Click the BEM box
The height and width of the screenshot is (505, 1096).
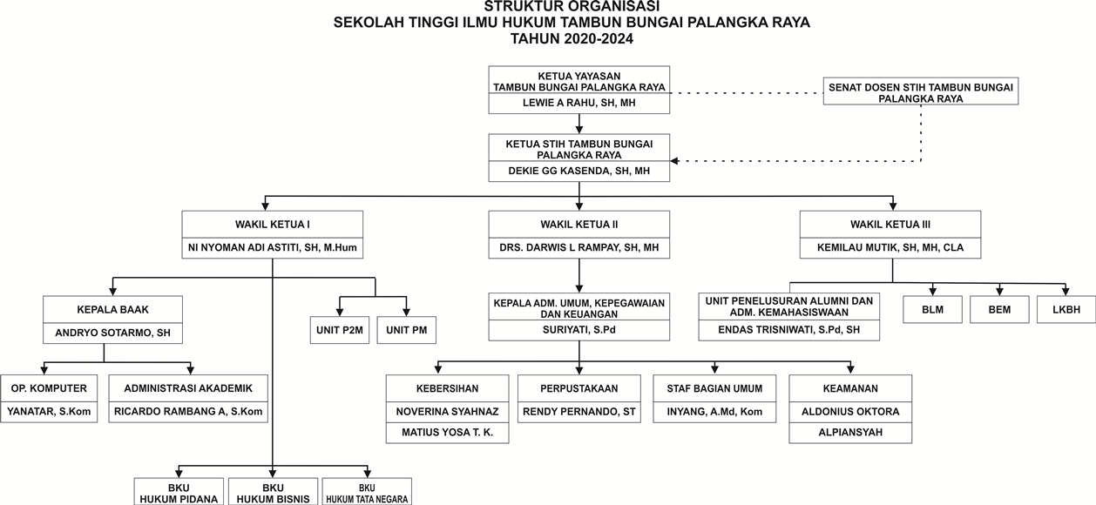[x=999, y=310]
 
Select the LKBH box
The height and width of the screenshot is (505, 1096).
[x=1066, y=310]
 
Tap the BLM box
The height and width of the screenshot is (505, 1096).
[x=932, y=310]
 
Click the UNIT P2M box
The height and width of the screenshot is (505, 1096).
[x=341, y=331]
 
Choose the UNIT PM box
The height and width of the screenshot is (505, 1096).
[x=406, y=331]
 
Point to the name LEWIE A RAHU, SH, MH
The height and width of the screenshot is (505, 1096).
[x=578, y=103]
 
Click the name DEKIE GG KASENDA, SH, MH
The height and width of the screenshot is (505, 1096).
[x=578, y=172]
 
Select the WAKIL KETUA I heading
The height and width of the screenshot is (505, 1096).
[x=272, y=224]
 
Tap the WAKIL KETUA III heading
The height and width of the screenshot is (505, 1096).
[x=890, y=224]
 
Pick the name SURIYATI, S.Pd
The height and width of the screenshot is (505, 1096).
[x=578, y=330]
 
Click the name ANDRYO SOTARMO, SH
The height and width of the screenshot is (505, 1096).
[x=113, y=332]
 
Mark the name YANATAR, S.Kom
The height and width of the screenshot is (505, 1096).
[x=49, y=412]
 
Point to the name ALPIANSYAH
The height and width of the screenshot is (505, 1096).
[x=850, y=433]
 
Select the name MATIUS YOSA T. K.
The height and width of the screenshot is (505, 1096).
[x=447, y=433]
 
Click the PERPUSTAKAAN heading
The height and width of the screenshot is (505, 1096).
[x=578, y=388]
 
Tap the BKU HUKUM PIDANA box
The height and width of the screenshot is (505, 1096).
[x=179, y=493]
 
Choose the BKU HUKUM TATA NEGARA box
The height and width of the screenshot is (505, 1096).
[x=366, y=493]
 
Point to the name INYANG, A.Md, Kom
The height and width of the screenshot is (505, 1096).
[x=714, y=412]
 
